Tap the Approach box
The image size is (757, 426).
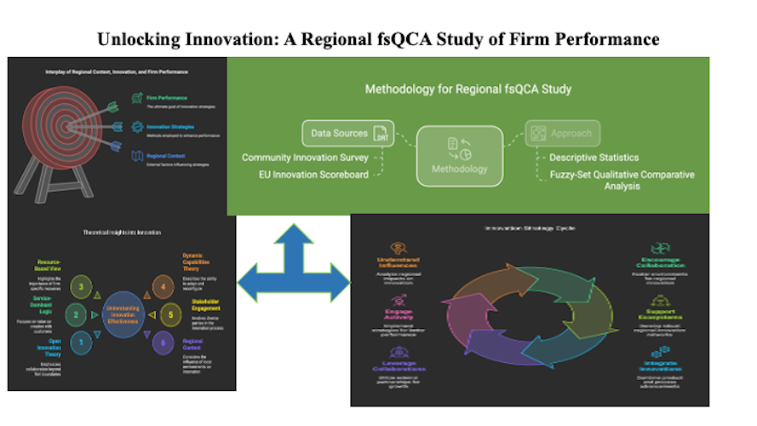562,133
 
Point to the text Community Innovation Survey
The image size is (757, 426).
305,158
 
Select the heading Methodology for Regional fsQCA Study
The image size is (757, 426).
467,89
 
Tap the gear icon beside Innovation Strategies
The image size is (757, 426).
138,128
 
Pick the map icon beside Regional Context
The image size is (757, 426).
138,157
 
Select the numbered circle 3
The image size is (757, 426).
79,287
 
